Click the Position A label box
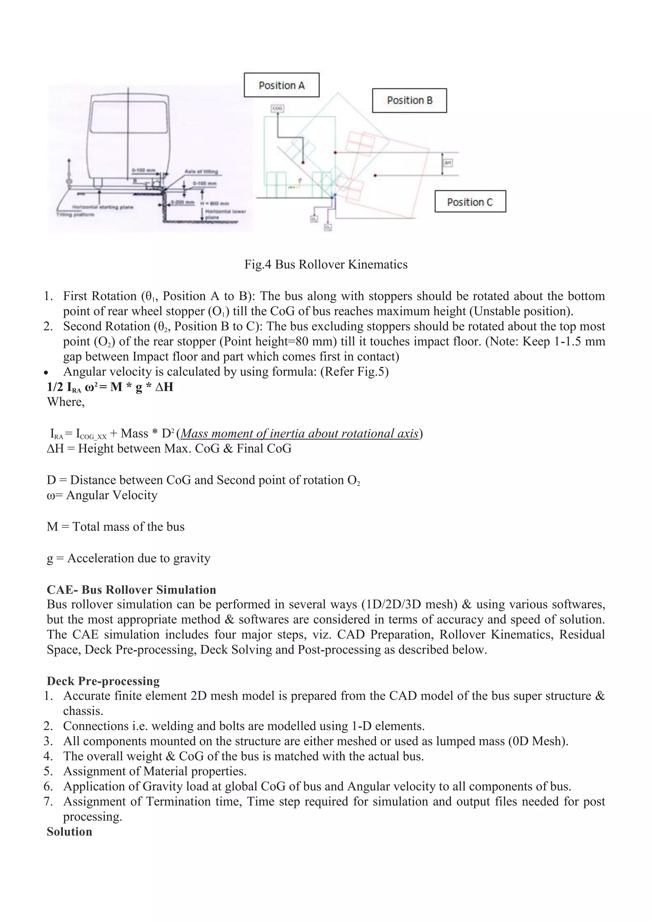(281, 85)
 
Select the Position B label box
(409, 100)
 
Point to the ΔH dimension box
(448, 163)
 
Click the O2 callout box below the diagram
(328, 228)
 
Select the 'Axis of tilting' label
(201, 172)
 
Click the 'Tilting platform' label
(75, 215)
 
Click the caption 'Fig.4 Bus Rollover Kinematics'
(326, 265)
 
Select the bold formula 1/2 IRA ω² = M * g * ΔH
(110, 387)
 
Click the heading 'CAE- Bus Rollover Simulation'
(131, 590)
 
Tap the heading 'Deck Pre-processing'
(103, 681)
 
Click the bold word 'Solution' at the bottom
(69, 832)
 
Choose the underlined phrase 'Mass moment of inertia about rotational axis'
(300, 434)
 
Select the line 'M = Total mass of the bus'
(116, 527)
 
